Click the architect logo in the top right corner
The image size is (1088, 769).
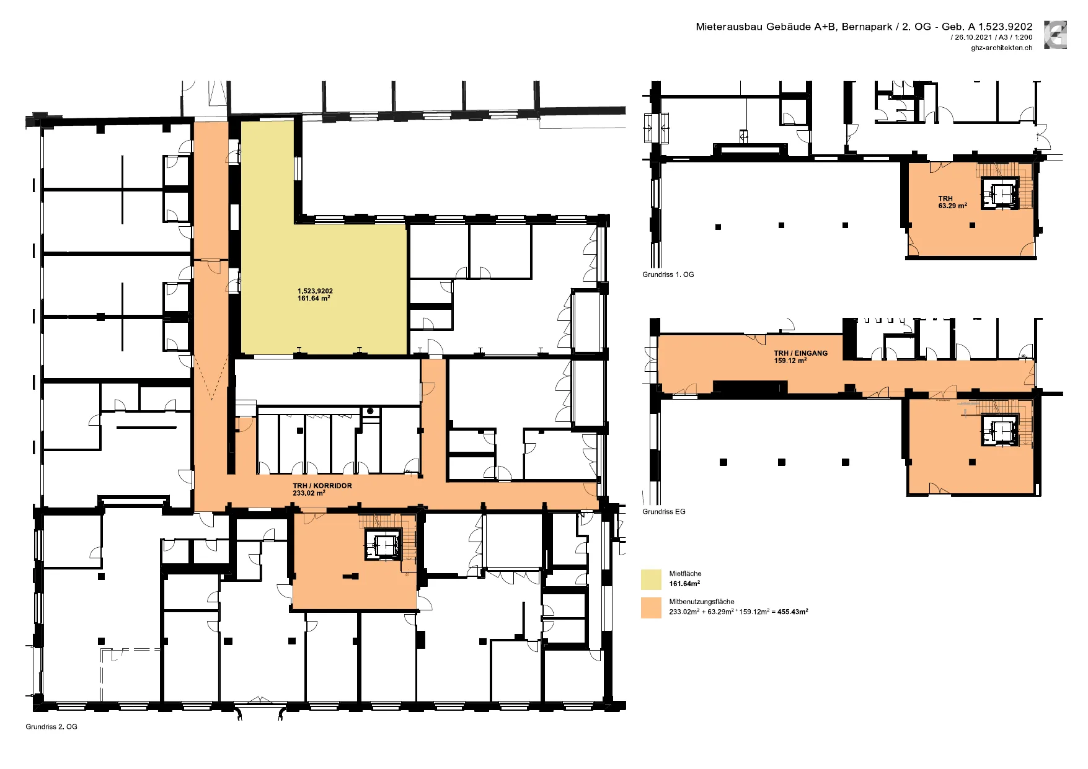1055,35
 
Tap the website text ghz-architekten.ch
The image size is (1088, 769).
1002,48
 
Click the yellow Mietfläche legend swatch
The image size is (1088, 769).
651,579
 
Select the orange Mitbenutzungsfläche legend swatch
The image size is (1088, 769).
651,607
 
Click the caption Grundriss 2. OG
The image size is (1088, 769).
51,726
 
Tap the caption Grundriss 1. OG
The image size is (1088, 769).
668,274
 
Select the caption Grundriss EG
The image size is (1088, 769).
664,511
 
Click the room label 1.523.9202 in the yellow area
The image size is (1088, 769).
315,291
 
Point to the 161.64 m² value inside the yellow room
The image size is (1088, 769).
314,298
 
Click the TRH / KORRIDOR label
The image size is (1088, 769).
322,486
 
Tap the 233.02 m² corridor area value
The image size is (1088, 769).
309,493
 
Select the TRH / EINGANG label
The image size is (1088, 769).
800,353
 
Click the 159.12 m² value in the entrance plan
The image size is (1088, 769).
790,360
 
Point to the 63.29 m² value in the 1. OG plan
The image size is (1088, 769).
953,205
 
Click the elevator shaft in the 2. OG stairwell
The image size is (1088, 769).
385,545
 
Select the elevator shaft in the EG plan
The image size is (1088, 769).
1001,430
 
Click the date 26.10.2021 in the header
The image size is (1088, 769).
973,37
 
